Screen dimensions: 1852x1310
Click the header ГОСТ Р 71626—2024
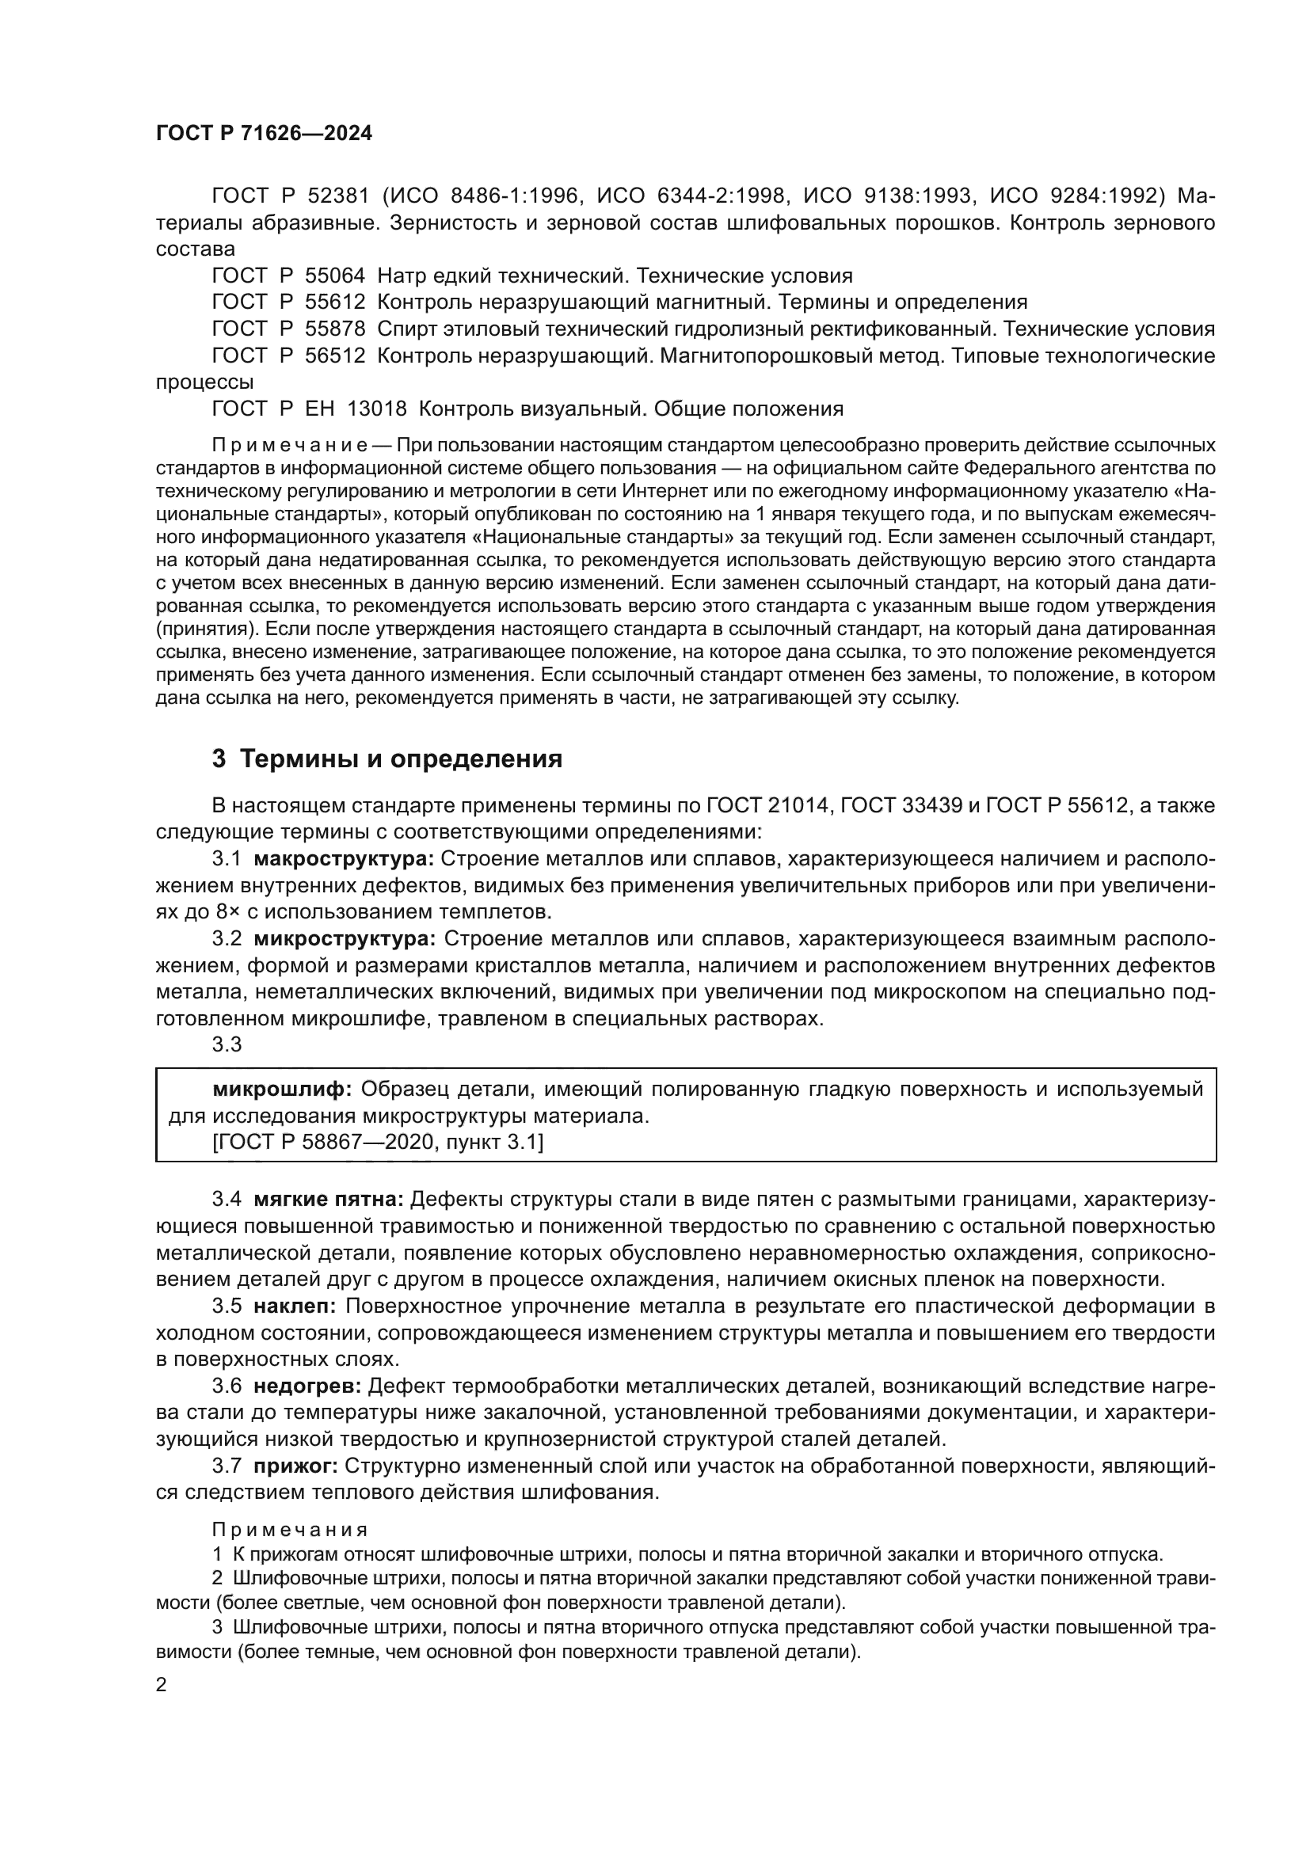point(264,134)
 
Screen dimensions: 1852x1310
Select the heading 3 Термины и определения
point(387,759)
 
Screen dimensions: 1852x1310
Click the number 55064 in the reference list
point(336,276)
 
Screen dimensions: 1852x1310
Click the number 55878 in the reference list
point(336,329)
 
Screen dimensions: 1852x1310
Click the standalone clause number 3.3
point(227,1044)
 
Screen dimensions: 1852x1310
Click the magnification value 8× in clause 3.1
point(227,912)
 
